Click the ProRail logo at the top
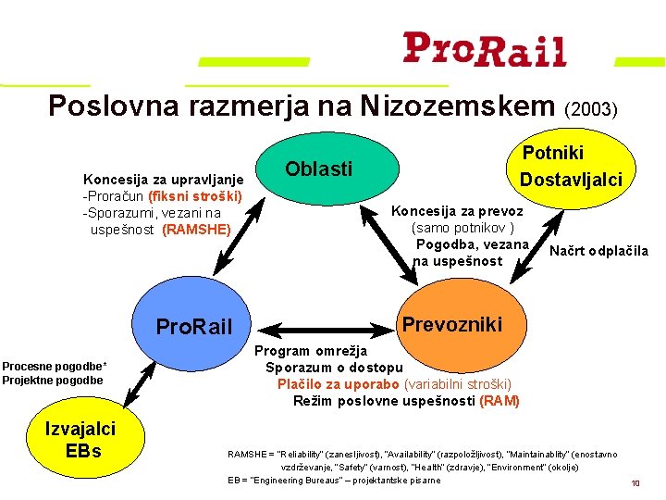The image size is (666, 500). point(484,49)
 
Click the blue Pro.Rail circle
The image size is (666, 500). point(193,327)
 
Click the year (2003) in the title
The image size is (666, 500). point(590,109)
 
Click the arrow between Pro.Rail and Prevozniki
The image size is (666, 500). point(329,327)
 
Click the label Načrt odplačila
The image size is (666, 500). point(598,251)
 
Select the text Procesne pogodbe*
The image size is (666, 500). point(54,365)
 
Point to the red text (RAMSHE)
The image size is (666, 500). point(196,229)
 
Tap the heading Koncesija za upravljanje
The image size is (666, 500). point(164,179)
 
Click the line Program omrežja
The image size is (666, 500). point(311,351)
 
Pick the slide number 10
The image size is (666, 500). point(635,483)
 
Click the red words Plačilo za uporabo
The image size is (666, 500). point(338,384)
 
